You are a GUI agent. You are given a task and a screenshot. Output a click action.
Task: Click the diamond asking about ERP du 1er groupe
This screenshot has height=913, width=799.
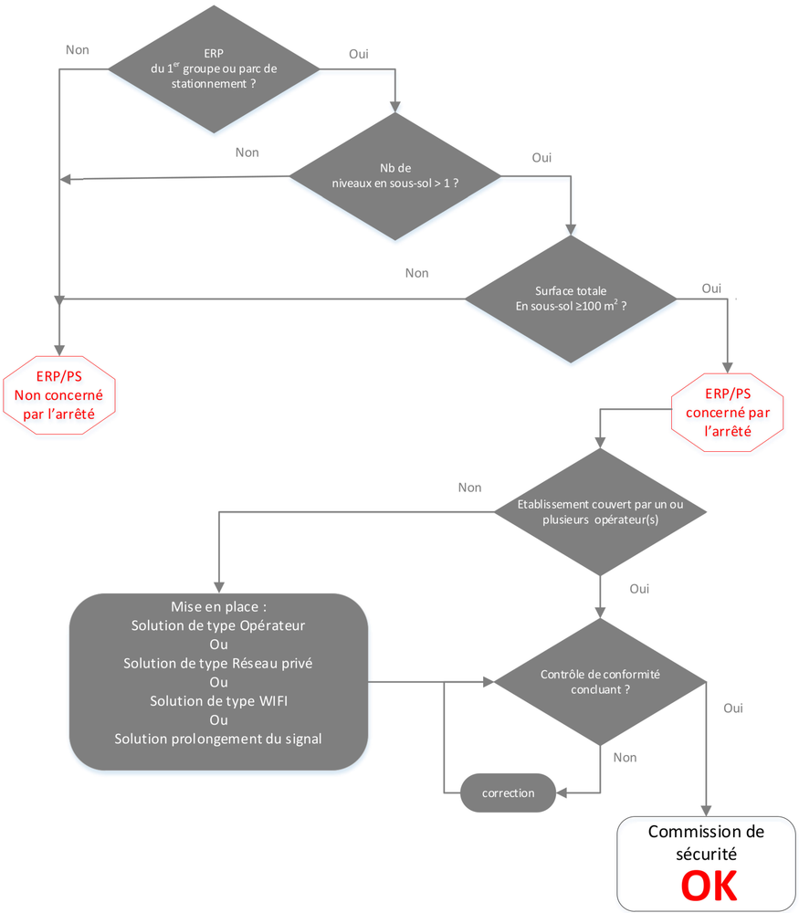(x=214, y=68)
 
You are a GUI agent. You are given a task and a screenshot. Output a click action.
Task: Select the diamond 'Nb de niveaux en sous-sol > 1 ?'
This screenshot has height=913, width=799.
(x=394, y=176)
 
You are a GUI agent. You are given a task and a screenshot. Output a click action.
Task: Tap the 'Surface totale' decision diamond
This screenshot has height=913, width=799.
(x=572, y=299)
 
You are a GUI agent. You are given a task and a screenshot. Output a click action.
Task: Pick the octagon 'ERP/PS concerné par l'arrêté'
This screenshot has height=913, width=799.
(x=728, y=412)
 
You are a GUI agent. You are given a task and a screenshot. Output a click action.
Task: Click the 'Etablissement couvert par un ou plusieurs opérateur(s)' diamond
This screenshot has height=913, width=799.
(x=600, y=511)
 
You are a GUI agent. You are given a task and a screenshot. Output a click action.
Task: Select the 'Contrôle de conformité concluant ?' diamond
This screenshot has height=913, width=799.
(x=600, y=682)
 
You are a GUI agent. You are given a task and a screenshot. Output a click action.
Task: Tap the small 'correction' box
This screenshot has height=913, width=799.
(x=509, y=792)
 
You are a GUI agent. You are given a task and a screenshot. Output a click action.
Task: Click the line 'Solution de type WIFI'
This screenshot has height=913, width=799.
(x=218, y=701)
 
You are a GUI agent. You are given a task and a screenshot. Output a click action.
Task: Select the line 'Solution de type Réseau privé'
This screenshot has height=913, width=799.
(x=218, y=664)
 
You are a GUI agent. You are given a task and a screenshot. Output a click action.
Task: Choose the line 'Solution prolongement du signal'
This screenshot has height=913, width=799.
(x=218, y=739)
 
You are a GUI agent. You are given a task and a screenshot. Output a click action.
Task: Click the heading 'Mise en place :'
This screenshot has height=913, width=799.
(x=218, y=607)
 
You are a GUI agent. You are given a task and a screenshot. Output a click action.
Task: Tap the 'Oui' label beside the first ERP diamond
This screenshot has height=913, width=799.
(x=360, y=54)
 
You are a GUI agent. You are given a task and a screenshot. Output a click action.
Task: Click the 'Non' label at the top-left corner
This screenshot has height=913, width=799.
(x=78, y=49)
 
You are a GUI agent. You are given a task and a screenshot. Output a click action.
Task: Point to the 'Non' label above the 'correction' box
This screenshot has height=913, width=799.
(x=626, y=757)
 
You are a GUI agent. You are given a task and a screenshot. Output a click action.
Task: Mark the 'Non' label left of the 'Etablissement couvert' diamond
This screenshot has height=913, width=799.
(x=469, y=488)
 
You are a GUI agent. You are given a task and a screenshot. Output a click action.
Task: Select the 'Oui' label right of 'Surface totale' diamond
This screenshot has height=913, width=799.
(x=711, y=289)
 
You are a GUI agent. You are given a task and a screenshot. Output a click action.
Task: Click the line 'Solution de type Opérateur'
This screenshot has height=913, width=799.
(x=218, y=625)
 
